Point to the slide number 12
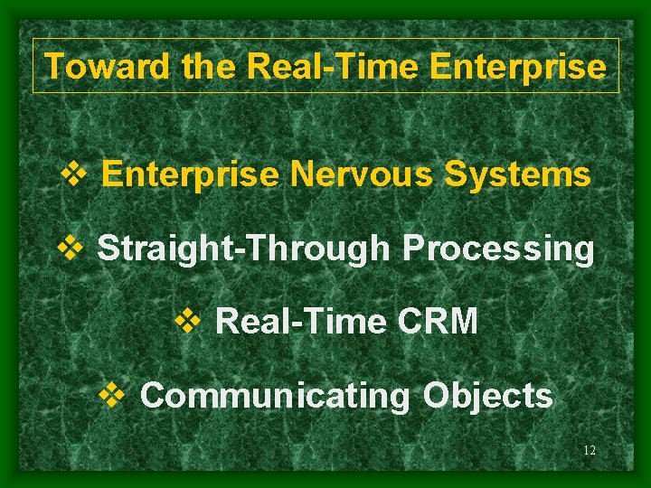pyautogui.click(x=590, y=451)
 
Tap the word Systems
pyautogui.click(x=517, y=174)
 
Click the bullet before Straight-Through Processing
pyautogui.click(x=69, y=248)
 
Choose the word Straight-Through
pyautogui.click(x=246, y=248)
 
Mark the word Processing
pyautogui.click(x=499, y=248)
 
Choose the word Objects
pyautogui.click(x=488, y=396)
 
